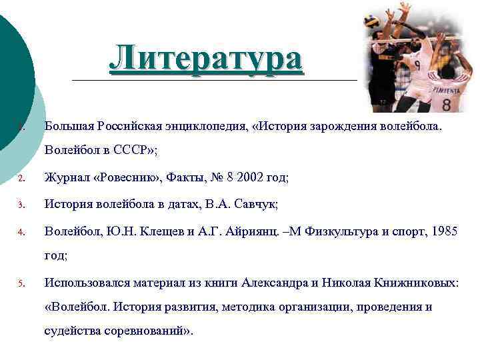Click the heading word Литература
[206, 58]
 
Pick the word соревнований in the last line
[151, 331]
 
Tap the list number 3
[21, 205]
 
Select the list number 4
[21, 232]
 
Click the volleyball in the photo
[371, 21]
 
